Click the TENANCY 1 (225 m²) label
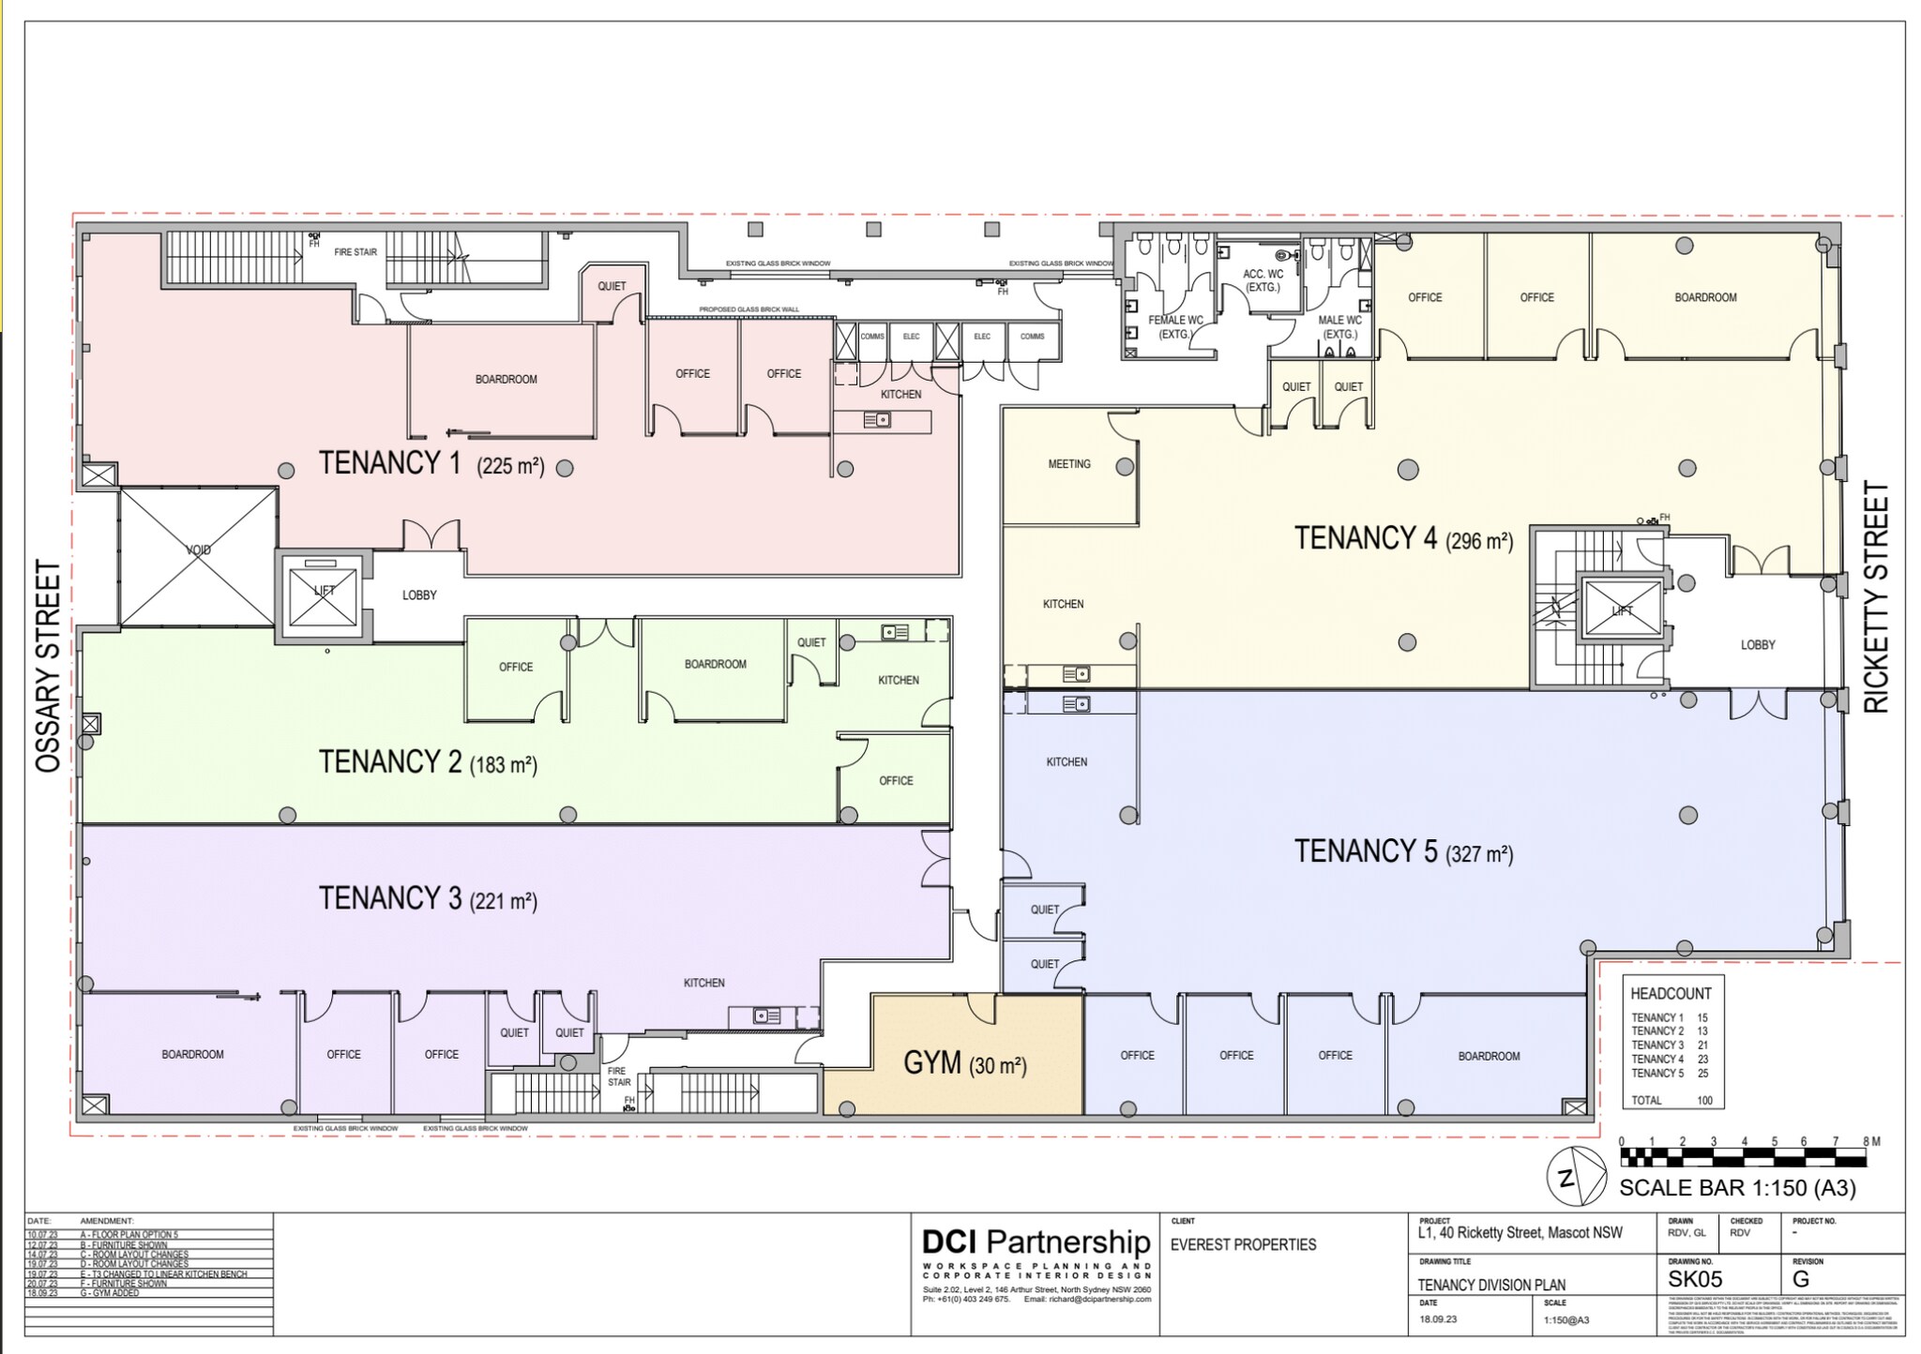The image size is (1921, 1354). point(431,463)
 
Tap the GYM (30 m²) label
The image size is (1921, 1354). point(965,1063)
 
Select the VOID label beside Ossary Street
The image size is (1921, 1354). point(198,550)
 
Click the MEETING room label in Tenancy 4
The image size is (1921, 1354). point(1069,464)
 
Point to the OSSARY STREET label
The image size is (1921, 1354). point(48,667)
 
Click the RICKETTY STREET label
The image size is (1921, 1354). point(1875,597)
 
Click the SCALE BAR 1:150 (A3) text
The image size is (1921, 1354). point(1737,1188)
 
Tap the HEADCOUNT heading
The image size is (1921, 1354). point(1671,994)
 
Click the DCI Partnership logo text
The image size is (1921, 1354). point(1036,1242)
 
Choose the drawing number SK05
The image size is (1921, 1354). point(1695,1280)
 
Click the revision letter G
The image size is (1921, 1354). point(1801,1280)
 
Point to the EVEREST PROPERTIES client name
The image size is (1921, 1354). point(1243,1245)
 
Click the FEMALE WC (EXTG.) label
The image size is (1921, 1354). point(1175,326)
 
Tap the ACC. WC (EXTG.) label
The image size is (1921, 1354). point(1263,280)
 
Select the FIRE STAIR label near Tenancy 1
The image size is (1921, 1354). point(355,252)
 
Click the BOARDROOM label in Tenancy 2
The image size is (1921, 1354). point(715,665)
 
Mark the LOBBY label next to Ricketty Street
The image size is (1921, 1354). point(1758,645)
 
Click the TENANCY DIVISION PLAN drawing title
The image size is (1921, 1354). point(1491,1286)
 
